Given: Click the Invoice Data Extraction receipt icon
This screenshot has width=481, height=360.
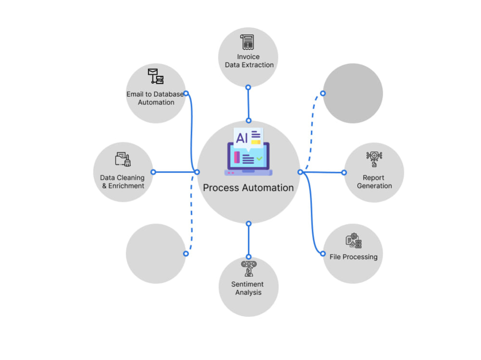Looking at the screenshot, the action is click(247, 42).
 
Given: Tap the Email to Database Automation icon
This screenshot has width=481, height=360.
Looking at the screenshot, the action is click(156, 76).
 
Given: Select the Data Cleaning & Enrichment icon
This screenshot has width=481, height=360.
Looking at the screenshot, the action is click(123, 159).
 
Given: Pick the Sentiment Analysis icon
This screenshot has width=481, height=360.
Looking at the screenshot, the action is click(249, 269).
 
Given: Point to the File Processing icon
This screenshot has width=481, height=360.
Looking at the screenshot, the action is click(354, 240).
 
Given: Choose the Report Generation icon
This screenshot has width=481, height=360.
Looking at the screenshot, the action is click(374, 159).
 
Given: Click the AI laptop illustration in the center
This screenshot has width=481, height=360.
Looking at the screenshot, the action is click(249, 151).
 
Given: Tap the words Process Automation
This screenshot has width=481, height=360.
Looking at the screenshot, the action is click(249, 187).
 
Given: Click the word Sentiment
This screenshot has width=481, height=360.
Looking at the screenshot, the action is click(247, 284).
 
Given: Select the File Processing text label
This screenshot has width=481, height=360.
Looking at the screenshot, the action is click(354, 257).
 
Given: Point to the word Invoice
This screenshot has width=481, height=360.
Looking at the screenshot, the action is click(248, 57).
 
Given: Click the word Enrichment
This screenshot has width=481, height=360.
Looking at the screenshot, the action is click(126, 186).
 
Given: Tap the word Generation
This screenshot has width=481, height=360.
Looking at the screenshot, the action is click(374, 186).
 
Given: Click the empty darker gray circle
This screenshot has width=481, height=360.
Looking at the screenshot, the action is click(353, 93).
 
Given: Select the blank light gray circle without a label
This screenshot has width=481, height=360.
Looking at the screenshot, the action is click(156, 254).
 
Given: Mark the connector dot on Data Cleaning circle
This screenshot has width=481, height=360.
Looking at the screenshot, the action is click(153, 172).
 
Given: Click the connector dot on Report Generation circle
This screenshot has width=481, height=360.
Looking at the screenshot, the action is click(344, 173).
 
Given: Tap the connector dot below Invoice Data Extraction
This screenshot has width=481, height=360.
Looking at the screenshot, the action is click(248, 87).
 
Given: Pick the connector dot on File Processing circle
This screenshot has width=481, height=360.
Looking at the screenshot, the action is click(323, 254).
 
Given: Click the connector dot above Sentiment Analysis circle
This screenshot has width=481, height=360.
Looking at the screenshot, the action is click(249, 257).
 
